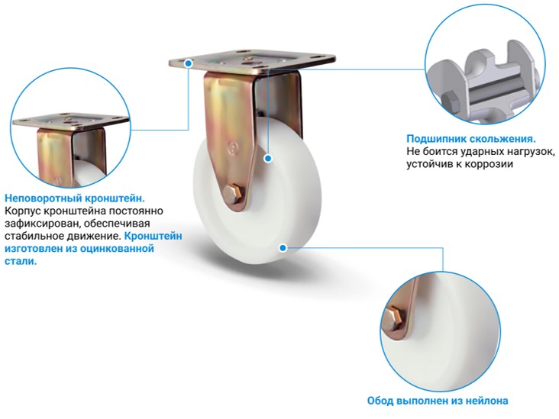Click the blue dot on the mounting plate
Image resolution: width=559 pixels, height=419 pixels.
189,63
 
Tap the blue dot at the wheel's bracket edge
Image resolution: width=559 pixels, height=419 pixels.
268,158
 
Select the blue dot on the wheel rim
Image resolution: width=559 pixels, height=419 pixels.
283,247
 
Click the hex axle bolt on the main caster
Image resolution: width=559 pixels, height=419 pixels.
234,194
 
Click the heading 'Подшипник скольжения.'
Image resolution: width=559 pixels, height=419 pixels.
471,139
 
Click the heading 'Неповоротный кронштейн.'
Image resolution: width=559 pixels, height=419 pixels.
75,198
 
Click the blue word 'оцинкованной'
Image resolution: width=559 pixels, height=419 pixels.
117,248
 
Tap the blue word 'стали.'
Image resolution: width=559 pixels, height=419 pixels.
21,261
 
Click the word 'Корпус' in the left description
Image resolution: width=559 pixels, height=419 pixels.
22,211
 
